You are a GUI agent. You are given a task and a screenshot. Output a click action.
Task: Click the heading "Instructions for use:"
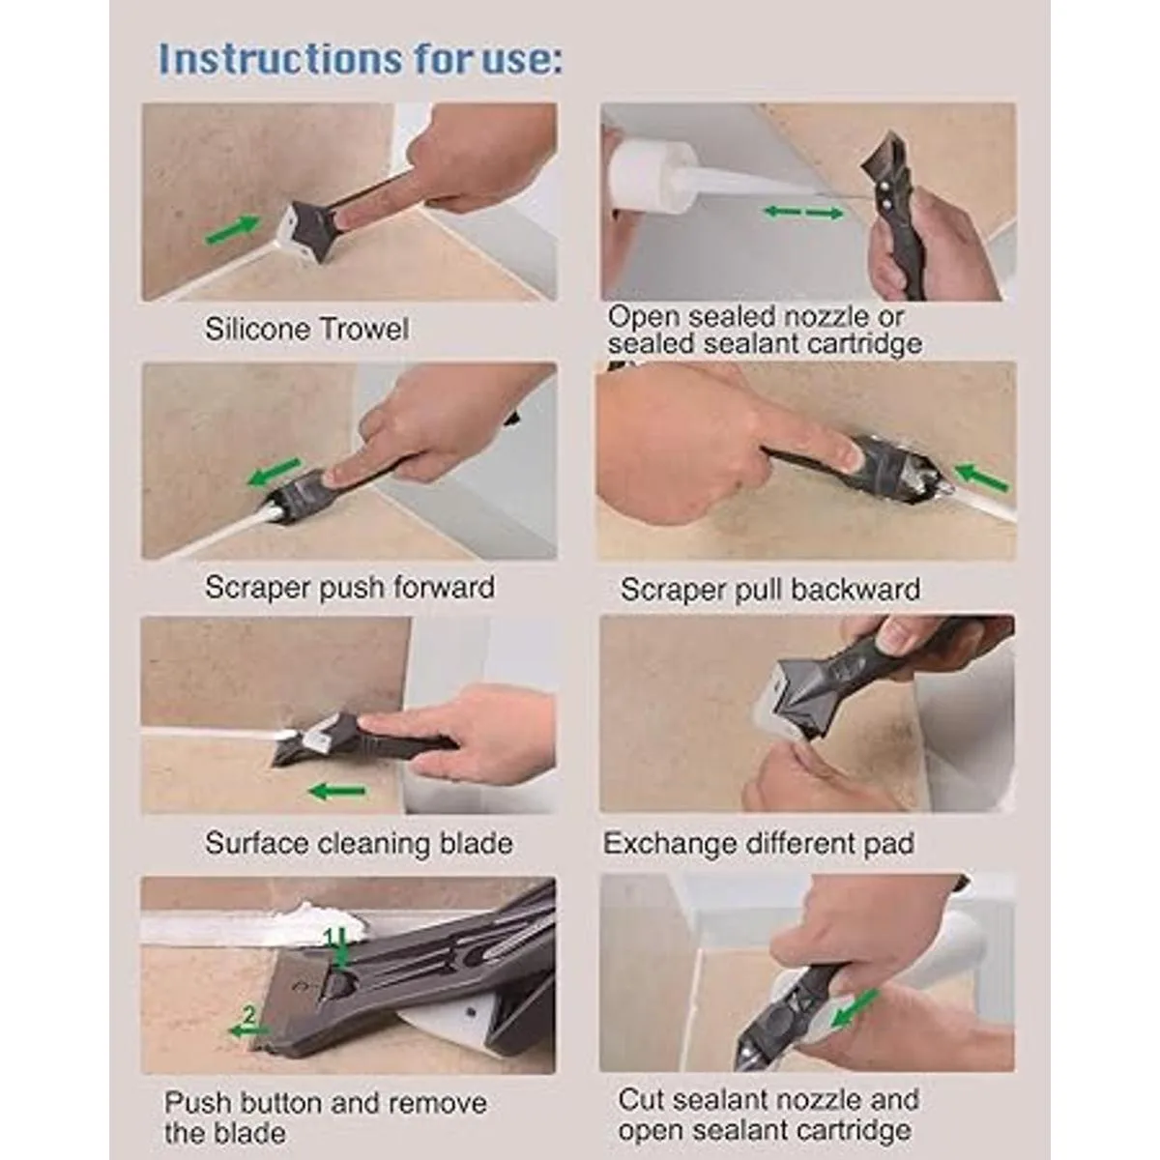pos(361,59)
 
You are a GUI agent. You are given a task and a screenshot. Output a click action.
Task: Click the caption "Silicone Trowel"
pos(306,329)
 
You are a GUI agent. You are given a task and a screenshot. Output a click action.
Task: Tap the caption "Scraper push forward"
pos(350,587)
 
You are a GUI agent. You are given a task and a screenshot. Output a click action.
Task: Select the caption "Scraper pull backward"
pos(769,589)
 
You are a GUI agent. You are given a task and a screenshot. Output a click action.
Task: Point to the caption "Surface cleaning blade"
pos(359,843)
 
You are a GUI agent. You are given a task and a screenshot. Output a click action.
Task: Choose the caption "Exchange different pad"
pos(759,843)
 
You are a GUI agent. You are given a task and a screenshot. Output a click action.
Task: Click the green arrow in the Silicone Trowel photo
pos(234,229)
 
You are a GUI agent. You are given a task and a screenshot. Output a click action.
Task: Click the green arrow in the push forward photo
pos(274,472)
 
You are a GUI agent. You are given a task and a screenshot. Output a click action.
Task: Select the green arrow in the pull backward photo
pos(981,477)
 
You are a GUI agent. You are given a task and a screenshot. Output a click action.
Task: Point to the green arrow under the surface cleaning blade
pos(336,791)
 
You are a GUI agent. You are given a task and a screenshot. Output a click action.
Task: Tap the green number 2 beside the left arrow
pos(248,1016)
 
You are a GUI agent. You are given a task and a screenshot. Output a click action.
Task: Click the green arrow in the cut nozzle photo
pos(853,1007)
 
